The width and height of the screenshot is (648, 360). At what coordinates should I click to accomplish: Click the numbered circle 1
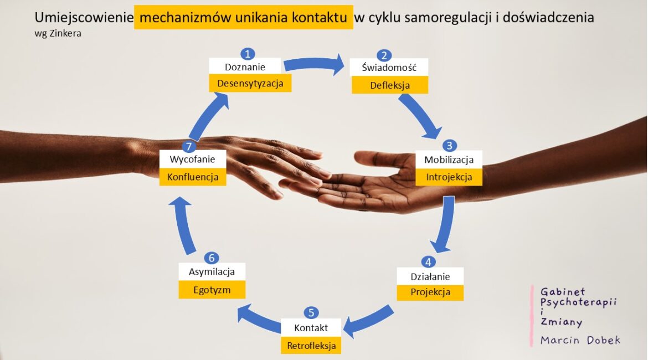point(248,54)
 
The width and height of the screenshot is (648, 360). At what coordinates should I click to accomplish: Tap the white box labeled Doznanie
point(245,66)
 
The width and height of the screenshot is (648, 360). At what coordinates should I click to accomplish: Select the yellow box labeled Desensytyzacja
point(250,83)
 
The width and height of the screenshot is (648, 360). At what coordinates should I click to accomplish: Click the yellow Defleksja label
point(390,85)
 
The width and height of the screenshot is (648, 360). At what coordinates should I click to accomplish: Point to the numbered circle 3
point(449,146)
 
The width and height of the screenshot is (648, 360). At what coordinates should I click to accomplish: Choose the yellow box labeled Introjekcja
point(449,177)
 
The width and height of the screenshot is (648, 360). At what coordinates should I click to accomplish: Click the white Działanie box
point(430,276)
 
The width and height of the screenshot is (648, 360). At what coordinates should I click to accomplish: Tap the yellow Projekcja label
point(430,292)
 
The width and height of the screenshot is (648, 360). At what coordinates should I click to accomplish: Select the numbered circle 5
point(311,313)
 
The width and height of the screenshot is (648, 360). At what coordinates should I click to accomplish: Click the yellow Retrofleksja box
point(311,346)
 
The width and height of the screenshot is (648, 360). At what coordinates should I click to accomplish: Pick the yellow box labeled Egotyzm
point(212,290)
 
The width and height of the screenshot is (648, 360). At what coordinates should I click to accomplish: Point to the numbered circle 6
point(212,258)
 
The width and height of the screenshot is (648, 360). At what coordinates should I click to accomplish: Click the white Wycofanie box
point(193,159)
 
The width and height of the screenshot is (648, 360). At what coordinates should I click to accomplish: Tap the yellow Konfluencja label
point(193,177)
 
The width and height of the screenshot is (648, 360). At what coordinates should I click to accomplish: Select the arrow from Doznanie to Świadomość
point(314,63)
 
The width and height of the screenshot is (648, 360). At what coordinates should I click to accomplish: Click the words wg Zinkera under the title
point(58,33)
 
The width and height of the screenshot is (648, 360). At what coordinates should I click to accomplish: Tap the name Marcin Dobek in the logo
point(580,340)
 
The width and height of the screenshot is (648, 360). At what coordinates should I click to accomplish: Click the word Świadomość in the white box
point(389,68)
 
